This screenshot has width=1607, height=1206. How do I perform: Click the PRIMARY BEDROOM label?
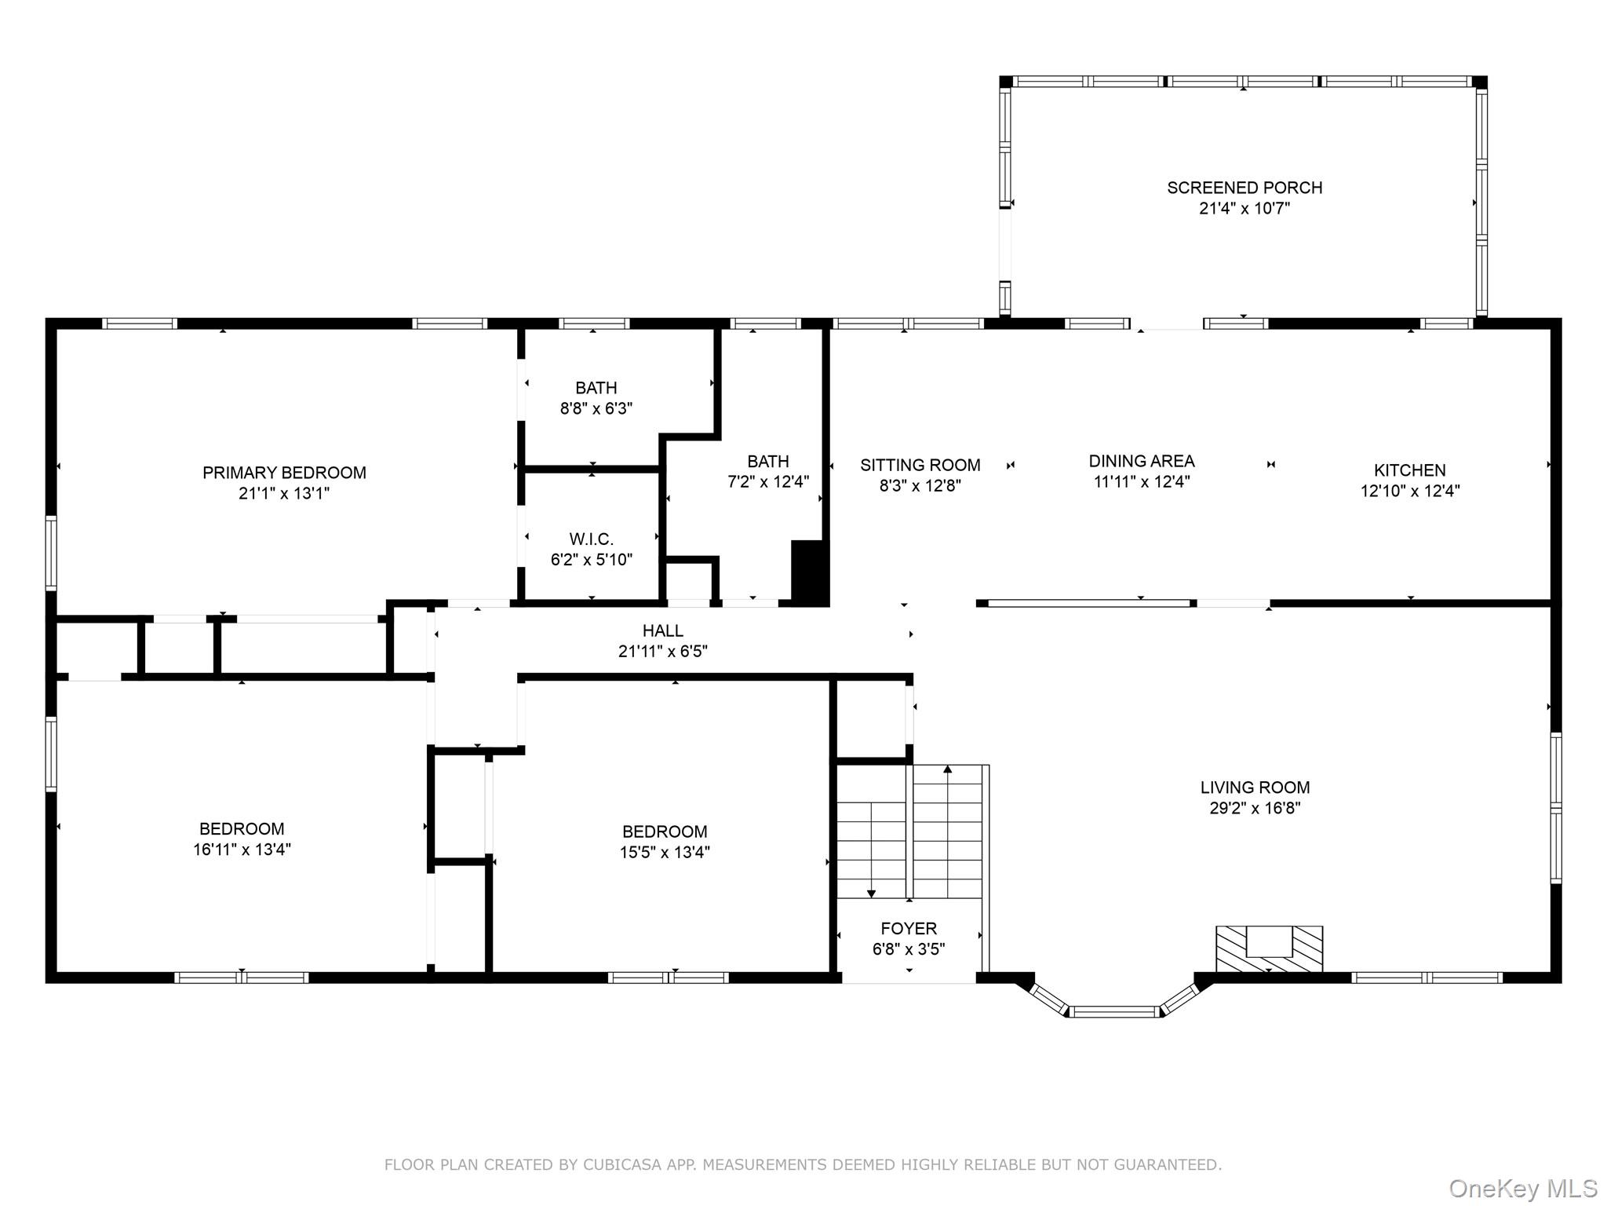(284, 473)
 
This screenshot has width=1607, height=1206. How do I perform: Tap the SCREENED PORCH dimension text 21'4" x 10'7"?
(1244, 208)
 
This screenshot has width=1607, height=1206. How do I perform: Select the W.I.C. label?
(592, 539)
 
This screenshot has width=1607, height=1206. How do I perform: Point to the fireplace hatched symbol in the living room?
(1269, 948)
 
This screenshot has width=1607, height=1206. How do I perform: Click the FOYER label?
(909, 928)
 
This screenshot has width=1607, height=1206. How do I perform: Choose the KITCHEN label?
(1409, 470)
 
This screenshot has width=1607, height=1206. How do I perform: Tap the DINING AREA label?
(1142, 461)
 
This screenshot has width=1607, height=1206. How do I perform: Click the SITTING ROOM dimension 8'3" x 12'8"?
(920, 485)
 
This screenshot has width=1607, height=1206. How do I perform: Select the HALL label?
(663, 630)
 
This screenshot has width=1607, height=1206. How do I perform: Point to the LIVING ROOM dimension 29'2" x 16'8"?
(1255, 808)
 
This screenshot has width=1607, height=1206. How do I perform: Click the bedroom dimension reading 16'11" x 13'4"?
(242, 849)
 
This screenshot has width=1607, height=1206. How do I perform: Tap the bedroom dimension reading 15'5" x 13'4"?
(665, 852)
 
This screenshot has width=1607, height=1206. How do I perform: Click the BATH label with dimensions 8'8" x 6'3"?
(596, 388)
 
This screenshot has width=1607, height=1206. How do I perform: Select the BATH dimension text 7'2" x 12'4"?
(768, 481)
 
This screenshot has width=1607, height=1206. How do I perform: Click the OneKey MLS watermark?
(1522, 1189)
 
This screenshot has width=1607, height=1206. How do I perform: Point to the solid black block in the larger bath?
(810, 572)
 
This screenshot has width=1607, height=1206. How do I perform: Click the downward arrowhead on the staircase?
(871, 894)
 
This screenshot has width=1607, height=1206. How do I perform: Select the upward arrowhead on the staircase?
(947, 769)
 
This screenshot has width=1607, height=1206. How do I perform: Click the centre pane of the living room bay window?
(1114, 1011)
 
